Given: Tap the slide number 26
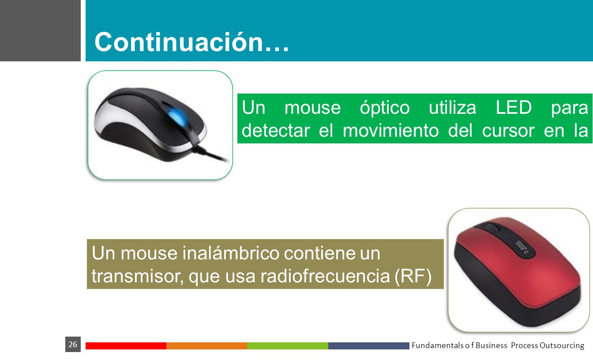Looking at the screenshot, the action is pos(73,345).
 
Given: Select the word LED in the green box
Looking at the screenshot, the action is pos(514,108).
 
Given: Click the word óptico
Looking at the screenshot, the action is pos(385,108).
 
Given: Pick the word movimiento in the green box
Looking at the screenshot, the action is pos(391,131).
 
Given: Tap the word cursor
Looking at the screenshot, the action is pos(508,131).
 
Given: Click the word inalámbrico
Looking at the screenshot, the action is pos(231,253).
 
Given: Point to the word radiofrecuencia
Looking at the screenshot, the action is pos(325,276).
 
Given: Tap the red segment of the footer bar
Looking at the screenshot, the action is pos(126,346).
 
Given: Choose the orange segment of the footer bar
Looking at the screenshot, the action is pos(207,346).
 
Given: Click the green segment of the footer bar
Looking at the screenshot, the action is pos(288,346).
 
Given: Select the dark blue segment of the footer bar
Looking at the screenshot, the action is pos(369,346).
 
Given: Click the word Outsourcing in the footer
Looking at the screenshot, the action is pos(562,345).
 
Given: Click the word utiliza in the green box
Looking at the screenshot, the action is pos(452,108).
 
